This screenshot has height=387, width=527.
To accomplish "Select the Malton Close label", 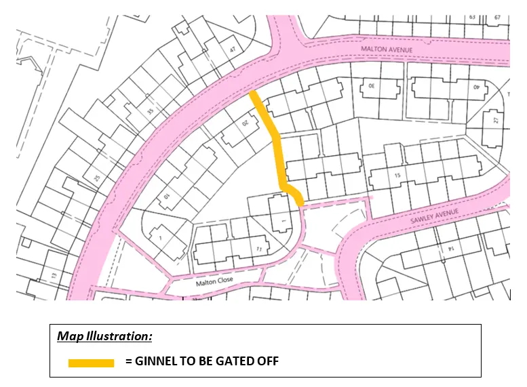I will click(214, 283).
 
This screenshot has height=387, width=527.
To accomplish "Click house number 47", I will click(233, 49).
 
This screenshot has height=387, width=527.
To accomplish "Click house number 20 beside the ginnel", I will click(247, 124).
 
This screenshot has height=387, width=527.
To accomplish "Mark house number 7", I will click(159, 238).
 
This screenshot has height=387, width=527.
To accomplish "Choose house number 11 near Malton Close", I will click(258, 249).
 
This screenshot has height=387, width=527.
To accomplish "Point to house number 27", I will click(496, 121).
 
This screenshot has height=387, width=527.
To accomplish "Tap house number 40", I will click(476, 87).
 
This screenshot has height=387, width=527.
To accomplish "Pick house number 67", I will click(497, 18).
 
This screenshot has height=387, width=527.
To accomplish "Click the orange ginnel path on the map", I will click(278, 152).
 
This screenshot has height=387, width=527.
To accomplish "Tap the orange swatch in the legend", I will click(91, 363).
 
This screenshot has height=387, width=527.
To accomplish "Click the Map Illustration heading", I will click(104, 336).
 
